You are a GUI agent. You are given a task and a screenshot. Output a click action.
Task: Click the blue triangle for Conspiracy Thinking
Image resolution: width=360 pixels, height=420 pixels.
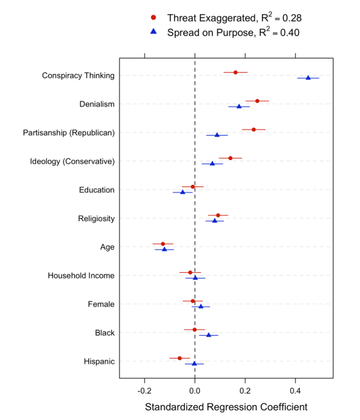(x=308, y=78)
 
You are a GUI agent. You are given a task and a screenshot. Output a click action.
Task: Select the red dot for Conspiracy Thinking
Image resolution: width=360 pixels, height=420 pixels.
(x=235, y=72)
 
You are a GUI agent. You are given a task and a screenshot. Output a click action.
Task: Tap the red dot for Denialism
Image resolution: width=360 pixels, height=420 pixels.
(x=257, y=101)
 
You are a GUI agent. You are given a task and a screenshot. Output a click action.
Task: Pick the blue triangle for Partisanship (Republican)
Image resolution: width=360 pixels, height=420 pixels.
(x=217, y=135)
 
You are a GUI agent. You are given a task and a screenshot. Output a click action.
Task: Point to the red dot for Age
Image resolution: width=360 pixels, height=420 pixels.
(x=163, y=244)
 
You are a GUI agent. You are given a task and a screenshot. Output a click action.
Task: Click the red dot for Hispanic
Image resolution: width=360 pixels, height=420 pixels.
(x=180, y=358)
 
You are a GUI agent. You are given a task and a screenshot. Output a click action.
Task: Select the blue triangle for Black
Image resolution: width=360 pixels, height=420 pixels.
(x=209, y=335)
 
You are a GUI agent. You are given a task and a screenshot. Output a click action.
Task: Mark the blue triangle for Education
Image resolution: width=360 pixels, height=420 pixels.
(x=183, y=192)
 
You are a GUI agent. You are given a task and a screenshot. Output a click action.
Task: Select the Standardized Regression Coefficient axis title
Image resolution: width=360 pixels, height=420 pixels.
(x=226, y=407)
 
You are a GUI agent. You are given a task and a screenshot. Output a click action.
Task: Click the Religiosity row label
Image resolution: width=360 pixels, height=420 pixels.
(x=96, y=219)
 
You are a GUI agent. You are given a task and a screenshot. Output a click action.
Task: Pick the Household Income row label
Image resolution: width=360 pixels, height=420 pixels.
(x=81, y=276)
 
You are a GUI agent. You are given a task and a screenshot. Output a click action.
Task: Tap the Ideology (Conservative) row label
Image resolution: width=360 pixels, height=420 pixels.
(x=72, y=162)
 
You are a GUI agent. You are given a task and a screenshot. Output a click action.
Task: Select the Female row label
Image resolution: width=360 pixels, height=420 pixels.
(x=101, y=304)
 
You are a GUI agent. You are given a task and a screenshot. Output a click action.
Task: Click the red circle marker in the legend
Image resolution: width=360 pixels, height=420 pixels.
(x=153, y=18)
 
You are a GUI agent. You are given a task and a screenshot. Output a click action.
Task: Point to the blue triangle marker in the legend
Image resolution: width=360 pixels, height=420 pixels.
(x=153, y=32)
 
